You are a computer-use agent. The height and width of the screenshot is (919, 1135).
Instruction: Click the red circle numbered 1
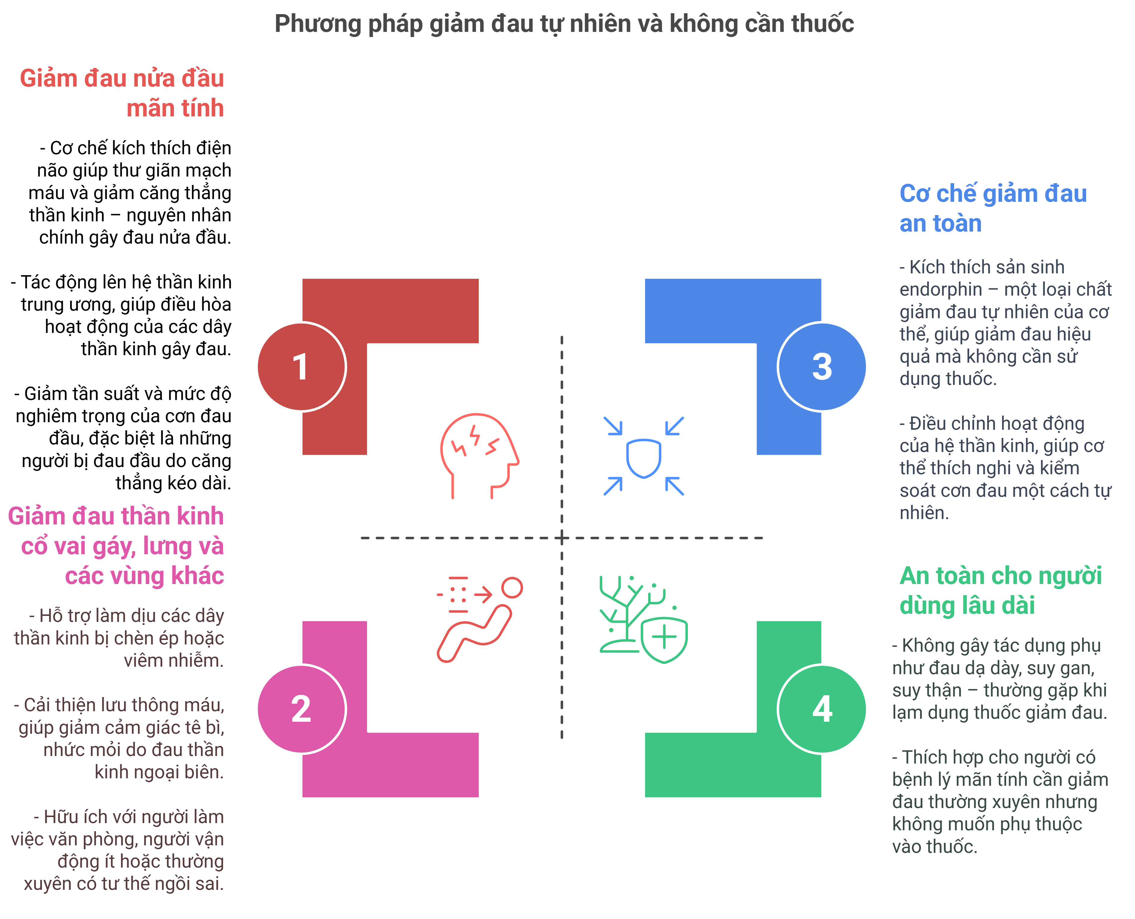[301, 366]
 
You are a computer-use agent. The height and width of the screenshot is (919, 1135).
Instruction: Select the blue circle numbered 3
[822, 366]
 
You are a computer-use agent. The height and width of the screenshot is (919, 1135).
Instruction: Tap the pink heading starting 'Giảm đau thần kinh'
[116, 545]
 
